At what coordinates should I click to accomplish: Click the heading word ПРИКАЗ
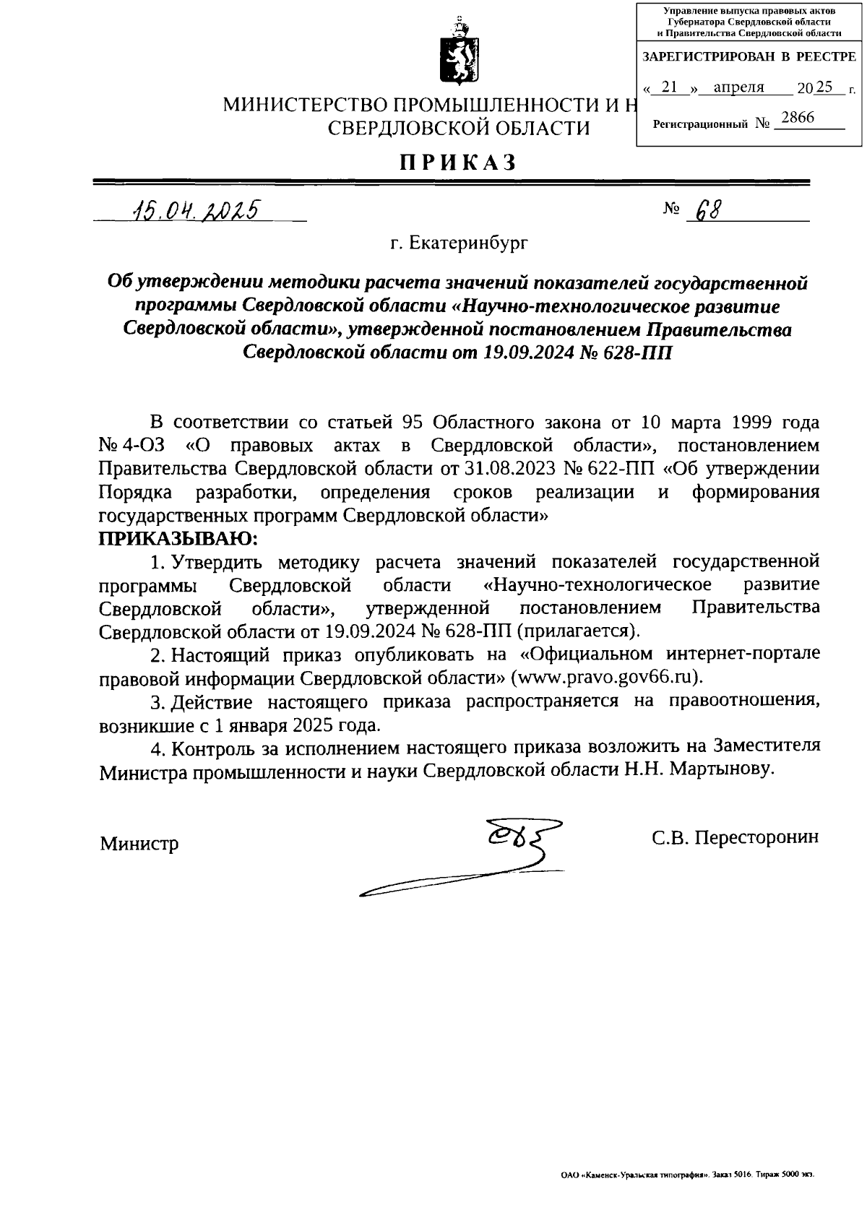[x=459, y=163]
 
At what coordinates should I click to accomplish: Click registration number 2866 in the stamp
[x=797, y=118]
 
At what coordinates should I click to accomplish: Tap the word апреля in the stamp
[x=738, y=87]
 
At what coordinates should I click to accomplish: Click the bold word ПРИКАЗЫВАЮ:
[x=178, y=538]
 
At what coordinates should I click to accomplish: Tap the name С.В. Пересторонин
[x=735, y=837]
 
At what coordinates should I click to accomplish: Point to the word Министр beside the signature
[x=139, y=844]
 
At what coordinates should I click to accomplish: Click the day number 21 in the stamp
[x=670, y=87]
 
